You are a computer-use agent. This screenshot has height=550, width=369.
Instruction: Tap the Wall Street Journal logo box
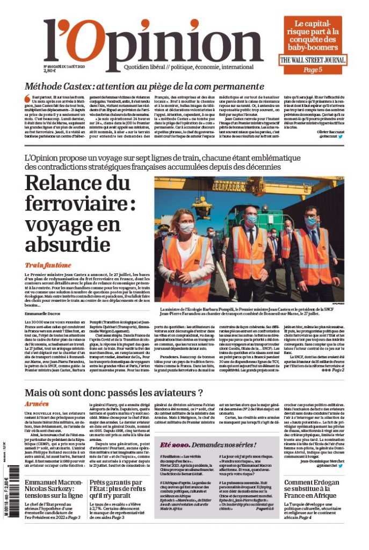(x=312, y=60)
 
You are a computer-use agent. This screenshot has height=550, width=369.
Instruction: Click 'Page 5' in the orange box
(x=313, y=69)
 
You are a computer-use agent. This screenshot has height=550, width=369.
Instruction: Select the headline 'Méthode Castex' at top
(x=144, y=86)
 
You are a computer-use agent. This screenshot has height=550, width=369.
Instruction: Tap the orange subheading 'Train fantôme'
(x=48, y=265)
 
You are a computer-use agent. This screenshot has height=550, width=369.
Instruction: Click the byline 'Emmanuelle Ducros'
(x=42, y=313)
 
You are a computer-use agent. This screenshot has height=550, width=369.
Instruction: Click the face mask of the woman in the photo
(x=186, y=228)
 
